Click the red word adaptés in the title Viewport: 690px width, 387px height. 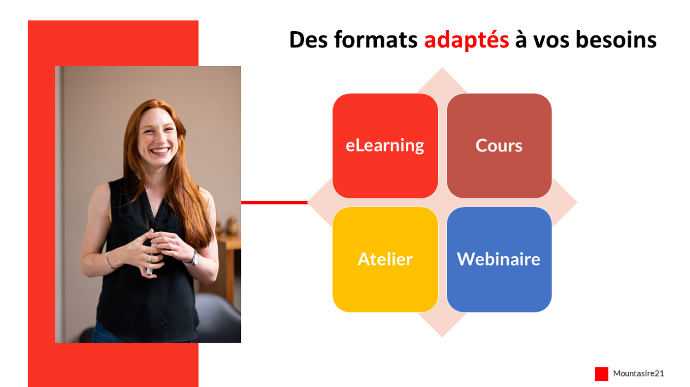pos(467,40)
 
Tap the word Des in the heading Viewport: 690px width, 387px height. pos(308,40)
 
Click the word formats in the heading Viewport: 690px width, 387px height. pos(376,40)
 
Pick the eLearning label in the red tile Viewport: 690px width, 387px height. pos(385,146)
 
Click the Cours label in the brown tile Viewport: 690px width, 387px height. pos(499,146)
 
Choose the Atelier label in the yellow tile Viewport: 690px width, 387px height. pos(385,259)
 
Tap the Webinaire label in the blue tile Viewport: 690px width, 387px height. pos(498,259)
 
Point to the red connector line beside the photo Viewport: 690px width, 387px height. pos(274,203)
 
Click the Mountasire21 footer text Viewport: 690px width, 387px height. pos(639,373)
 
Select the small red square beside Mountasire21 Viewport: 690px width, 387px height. pos(601,374)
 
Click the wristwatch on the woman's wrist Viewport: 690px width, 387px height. pos(194,259)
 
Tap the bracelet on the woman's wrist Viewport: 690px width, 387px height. pos(108,260)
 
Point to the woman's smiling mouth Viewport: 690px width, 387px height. pos(160,151)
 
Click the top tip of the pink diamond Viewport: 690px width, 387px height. pos(442,68)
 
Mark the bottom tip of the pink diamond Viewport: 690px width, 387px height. pos(442,337)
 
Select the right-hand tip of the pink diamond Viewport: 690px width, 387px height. pos(577,202)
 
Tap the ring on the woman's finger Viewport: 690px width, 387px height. pos(150,258)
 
